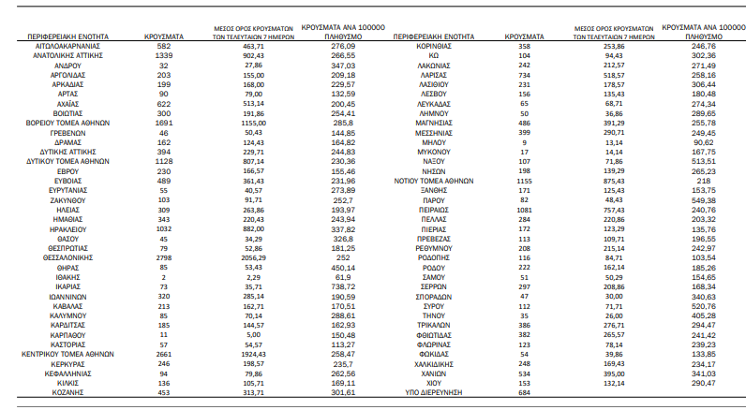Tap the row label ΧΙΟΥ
[433, 384]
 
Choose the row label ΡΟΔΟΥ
[433, 267]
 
